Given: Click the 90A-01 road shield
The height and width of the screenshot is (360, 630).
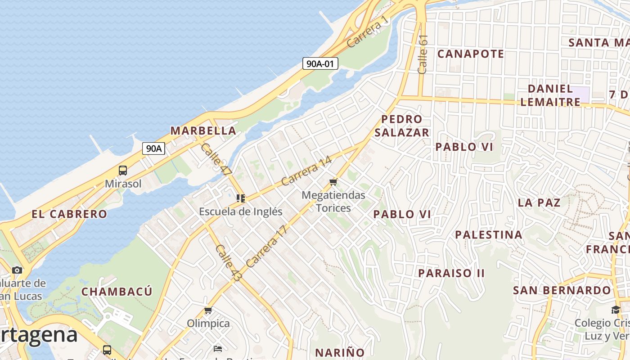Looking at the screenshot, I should coord(320,63).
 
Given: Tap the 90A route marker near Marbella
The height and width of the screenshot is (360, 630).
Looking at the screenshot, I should coord(153,148).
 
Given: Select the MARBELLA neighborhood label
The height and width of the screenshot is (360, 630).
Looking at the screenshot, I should coord(203,131).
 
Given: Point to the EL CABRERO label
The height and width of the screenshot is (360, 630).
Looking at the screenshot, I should coord(69,214).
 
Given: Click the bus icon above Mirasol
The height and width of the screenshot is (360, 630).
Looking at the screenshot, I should coord(123,171).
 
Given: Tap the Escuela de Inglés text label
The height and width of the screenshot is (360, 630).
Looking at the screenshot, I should coord(241,211).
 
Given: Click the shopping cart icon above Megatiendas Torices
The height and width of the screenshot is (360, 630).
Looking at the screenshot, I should coord(333,182).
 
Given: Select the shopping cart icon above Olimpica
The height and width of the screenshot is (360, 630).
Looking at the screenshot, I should coord(208,310).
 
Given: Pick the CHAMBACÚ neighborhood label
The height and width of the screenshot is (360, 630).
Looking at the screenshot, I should coord(117,292).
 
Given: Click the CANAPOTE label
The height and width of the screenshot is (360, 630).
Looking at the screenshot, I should coord(471,54).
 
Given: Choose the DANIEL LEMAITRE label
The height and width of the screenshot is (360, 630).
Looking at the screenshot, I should coord(550,95).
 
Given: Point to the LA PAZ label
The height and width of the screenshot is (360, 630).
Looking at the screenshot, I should coord(539,202).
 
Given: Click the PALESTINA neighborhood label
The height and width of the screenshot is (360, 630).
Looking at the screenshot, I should coord(489,235).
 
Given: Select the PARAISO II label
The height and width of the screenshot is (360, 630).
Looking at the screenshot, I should coord(451,273).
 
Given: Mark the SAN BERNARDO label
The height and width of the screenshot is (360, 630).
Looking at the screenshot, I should coord(562,290).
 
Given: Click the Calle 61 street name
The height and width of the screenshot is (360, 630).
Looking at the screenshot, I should coord(423,54).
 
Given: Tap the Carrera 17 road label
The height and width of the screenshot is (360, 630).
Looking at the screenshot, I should coord(266,246).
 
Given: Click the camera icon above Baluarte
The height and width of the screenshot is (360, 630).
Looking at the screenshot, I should coord(17,270).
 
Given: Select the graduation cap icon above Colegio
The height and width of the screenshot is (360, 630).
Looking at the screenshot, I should coord(615,310).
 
